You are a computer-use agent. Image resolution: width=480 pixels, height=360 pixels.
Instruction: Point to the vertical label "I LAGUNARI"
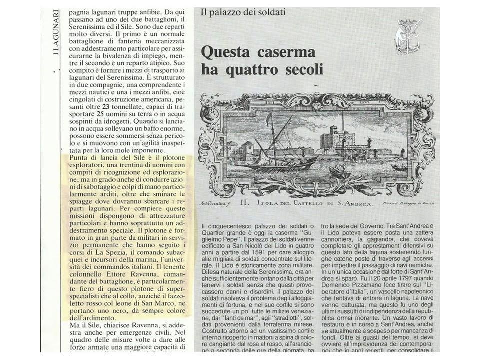(56, 33)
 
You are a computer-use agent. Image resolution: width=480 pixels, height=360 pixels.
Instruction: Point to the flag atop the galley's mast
(270, 118)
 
